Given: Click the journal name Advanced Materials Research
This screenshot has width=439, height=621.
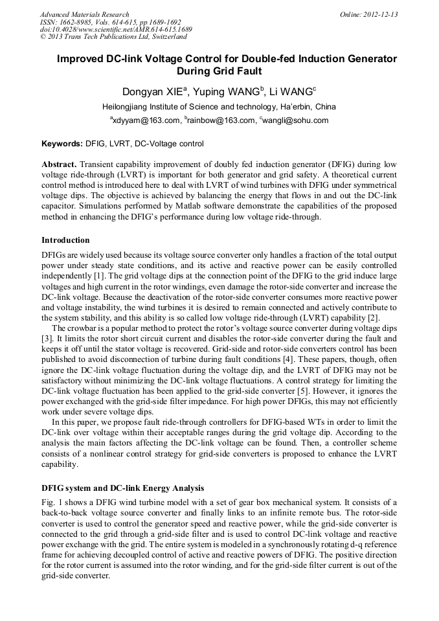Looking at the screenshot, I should [84, 14].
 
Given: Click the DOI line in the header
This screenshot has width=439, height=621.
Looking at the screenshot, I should [116, 30].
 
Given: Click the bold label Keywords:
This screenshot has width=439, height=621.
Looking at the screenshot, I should [62, 143].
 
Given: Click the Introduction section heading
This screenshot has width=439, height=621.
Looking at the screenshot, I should [65, 240].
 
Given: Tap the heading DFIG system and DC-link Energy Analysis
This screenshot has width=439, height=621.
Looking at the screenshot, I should [123, 488].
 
